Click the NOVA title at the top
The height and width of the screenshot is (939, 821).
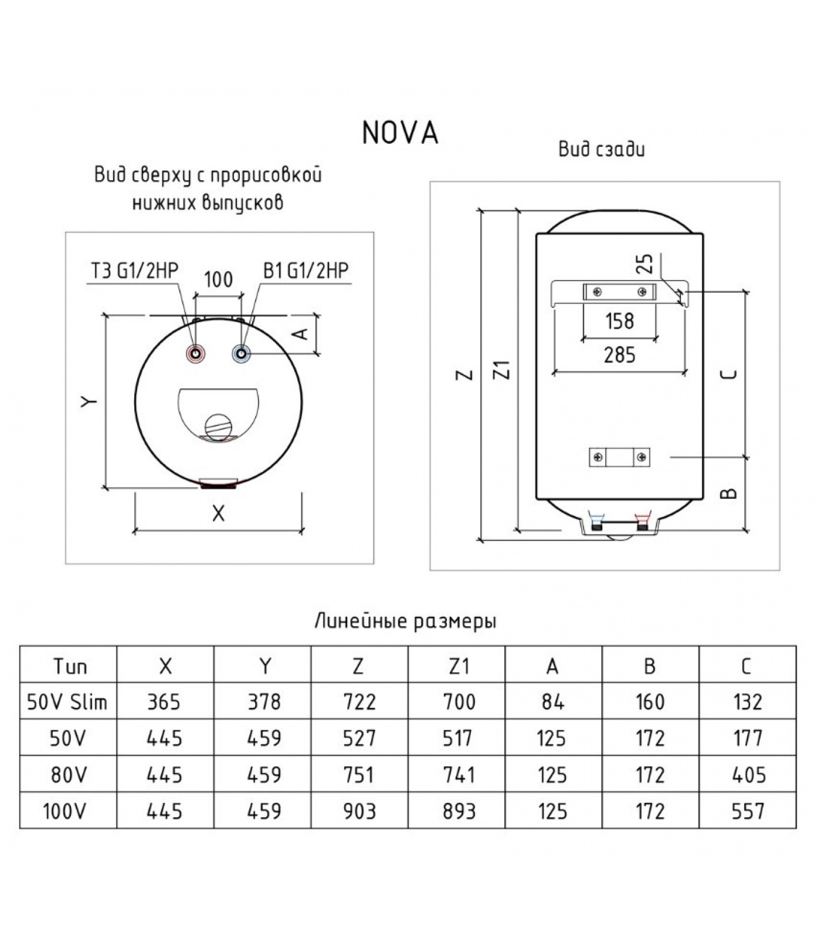pos(400,133)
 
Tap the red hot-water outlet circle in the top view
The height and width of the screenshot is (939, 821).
pos(195,354)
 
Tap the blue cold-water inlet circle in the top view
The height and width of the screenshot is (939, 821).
pos(242,353)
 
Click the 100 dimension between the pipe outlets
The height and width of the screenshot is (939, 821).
pos(218,279)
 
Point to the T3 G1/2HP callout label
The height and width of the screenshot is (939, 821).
pos(134,270)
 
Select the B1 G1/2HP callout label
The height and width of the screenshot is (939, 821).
pos(306,270)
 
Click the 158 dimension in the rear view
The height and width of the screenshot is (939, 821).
pos(619,321)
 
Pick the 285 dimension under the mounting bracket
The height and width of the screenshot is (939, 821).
pos(619,355)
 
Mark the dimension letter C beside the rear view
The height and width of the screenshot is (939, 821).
pos(729,373)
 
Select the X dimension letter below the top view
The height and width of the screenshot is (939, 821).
pos(218,514)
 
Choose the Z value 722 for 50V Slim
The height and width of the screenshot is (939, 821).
pos(359,701)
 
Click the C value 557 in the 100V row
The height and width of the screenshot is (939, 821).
pos(748,811)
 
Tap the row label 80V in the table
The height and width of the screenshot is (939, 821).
pos(68,775)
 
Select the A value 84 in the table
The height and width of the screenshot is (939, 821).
pos(552,701)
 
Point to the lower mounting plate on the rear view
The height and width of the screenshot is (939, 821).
pos(619,457)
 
